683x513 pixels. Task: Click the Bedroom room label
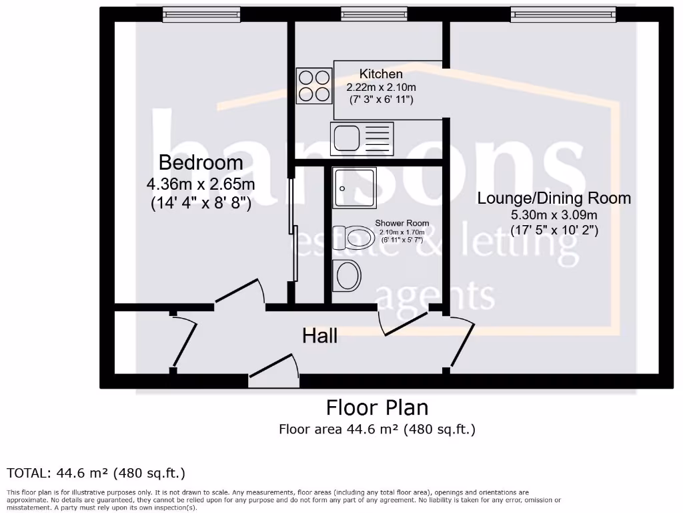click(x=200, y=162)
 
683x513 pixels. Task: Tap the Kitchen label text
click(x=381, y=74)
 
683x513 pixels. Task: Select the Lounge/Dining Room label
click(x=554, y=198)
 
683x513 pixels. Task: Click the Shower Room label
click(x=402, y=223)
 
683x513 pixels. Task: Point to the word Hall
click(x=319, y=335)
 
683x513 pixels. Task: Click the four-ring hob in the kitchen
click(x=313, y=85)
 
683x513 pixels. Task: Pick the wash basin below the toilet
click(x=346, y=275)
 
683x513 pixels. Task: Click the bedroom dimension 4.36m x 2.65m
click(x=200, y=184)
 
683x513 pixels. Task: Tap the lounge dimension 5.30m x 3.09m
click(x=554, y=215)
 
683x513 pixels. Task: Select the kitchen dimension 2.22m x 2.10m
click(x=381, y=88)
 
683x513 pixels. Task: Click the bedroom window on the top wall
click(x=201, y=14)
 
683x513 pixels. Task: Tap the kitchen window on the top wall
click(x=373, y=14)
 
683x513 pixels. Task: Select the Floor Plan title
click(x=377, y=407)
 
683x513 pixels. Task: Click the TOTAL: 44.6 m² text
click(x=95, y=473)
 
